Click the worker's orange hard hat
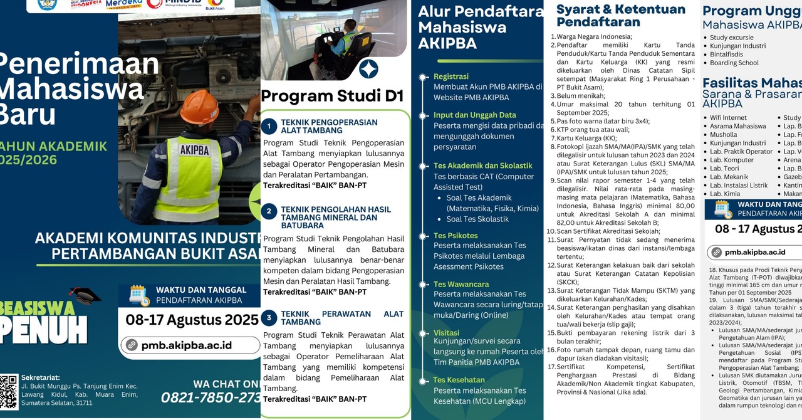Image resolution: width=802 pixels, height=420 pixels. (x=199, y=106)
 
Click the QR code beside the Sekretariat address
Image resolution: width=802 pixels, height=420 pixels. (x=9, y=391)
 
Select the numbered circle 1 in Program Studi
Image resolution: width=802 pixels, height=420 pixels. (x=268, y=127)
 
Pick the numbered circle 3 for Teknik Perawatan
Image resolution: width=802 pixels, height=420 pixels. (x=268, y=317)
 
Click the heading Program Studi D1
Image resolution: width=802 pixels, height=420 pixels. (x=332, y=96)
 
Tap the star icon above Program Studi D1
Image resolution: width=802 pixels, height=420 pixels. (x=368, y=69)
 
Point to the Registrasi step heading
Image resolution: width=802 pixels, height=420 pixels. (x=450, y=76)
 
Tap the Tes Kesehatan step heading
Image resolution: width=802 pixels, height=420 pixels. (x=459, y=380)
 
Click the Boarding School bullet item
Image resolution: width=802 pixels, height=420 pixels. (x=734, y=63)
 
